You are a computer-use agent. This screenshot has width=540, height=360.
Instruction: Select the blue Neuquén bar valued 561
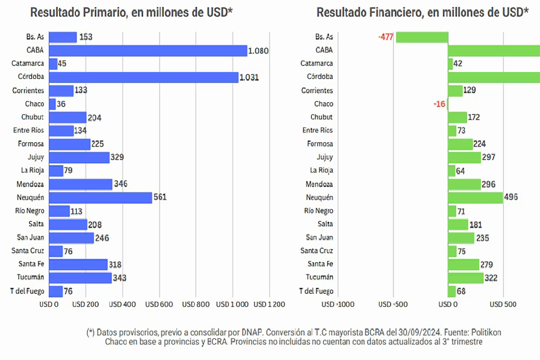[101, 197]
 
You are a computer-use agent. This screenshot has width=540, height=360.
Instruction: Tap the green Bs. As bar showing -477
[422, 37]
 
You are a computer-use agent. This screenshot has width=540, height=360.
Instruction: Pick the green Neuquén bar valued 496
[475, 197]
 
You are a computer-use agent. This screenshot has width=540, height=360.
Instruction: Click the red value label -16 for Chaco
[439, 104]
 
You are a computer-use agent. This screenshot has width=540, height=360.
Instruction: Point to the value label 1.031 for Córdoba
[249, 77]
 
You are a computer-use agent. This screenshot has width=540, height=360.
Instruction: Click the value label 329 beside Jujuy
[117, 157]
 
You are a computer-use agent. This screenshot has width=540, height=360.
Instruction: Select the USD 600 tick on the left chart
[159, 304]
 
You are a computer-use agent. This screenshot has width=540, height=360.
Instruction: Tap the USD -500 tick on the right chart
[393, 304]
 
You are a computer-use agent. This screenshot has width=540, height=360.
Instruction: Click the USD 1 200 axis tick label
[269, 304]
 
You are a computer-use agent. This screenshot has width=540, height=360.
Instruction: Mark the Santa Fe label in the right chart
[320, 264]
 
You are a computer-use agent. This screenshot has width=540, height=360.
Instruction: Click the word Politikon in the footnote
[483, 332]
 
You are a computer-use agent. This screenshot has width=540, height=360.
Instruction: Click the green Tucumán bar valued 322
[466, 278]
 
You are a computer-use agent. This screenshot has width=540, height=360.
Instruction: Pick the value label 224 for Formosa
[479, 144]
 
